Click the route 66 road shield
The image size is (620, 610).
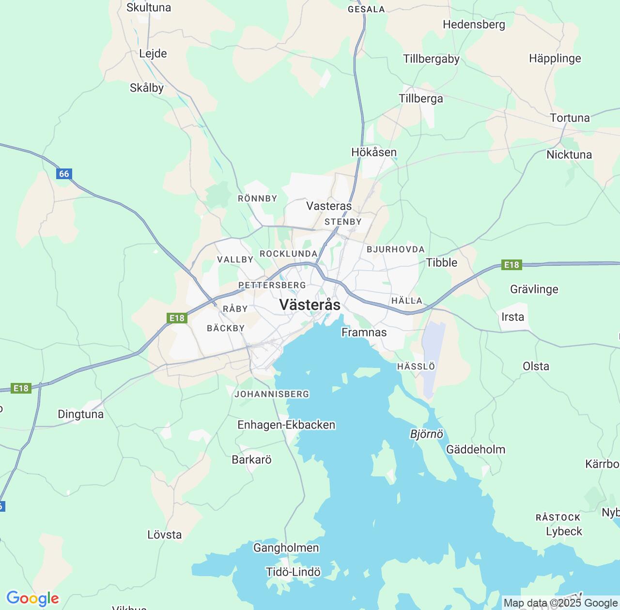point(64,174)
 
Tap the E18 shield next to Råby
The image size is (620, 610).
point(177,318)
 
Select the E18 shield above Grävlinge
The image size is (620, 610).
point(511,265)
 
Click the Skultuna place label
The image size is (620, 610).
point(149,8)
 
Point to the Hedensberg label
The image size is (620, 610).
point(474,25)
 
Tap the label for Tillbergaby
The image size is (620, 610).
point(431,59)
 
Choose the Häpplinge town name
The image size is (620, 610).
point(555,59)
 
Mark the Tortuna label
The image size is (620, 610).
point(570,118)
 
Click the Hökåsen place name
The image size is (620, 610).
point(374,152)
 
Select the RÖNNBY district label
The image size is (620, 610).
point(257,198)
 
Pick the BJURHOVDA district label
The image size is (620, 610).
point(395,249)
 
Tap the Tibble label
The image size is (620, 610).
point(441,262)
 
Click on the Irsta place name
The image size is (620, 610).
point(512,317)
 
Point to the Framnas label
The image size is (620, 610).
point(364,333)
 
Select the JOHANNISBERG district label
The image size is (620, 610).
point(272,394)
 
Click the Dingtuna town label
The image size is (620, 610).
point(80,414)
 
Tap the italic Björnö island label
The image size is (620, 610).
point(426,434)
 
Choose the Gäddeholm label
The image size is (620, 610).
point(475,450)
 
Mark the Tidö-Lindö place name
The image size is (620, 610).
point(293,572)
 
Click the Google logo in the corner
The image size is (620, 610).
point(32,598)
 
